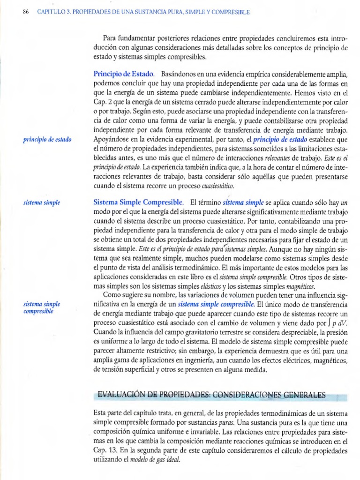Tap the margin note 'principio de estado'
pyautogui.click(x=47, y=139)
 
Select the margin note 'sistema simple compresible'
pyautogui.click(x=42, y=307)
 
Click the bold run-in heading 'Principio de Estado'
pyautogui.click(x=123, y=75)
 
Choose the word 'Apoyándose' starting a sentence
pyautogui.click(x=112, y=139)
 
